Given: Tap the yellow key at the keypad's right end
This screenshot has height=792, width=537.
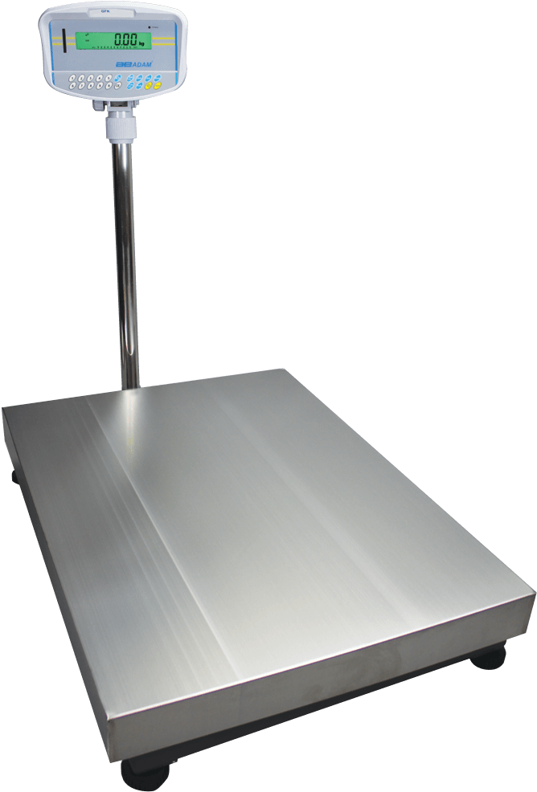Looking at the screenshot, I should [158, 86].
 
